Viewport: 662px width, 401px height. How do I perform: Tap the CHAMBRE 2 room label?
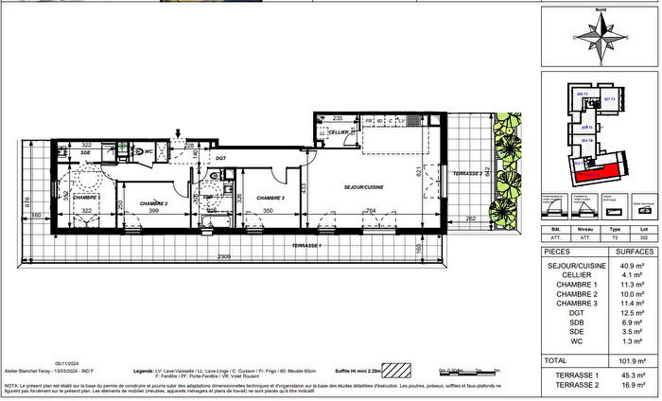[x=153, y=203]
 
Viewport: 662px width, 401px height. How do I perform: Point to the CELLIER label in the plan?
[x=340, y=133]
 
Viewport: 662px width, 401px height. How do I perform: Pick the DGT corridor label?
[x=220, y=159]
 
